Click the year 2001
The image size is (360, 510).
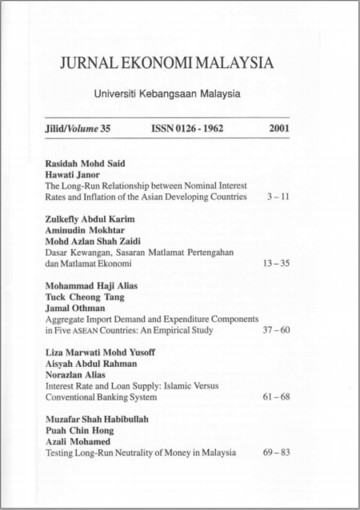pyautogui.click(x=279, y=127)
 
